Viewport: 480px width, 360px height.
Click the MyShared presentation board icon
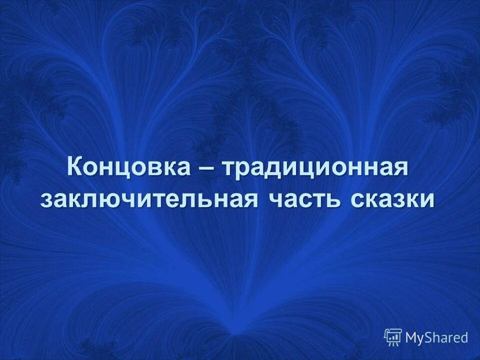tap(393, 337)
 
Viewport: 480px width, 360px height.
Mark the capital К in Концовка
tap(75, 166)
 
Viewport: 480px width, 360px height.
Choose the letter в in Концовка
tap(154, 168)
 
